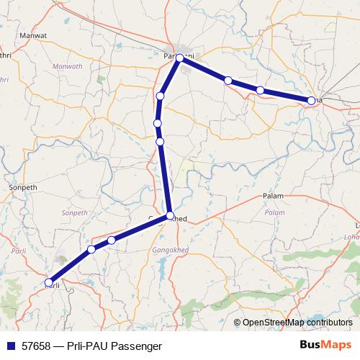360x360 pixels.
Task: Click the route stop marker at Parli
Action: (49, 282)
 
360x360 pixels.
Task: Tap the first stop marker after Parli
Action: (91, 249)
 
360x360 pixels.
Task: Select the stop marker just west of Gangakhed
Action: (112, 240)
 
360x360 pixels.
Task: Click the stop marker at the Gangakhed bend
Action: (170, 215)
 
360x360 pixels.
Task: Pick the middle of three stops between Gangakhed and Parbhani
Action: (157, 124)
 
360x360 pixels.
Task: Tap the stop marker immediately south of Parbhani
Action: (161, 96)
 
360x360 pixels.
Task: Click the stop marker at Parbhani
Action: (180, 59)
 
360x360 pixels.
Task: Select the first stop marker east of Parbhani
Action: (228, 81)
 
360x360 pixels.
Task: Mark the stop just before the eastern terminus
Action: (259, 90)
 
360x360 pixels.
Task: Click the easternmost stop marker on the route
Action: (311, 101)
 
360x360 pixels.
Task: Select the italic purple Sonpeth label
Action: (74, 213)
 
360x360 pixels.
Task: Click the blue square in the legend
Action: (9, 346)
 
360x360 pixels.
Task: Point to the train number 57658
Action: (36, 346)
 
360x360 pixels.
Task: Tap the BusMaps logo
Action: (326, 346)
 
